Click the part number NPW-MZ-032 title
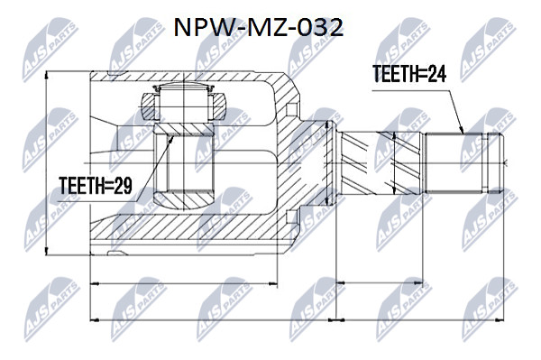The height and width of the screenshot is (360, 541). (x=258, y=28)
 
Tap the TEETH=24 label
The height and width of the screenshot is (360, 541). (x=409, y=74)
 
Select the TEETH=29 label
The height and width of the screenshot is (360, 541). (x=96, y=186)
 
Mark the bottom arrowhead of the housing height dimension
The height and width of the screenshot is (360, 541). (x=46, y=251)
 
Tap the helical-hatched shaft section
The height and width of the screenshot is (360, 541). (x=380, y=162)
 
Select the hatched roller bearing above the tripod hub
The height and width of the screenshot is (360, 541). (x=184, y=104)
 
